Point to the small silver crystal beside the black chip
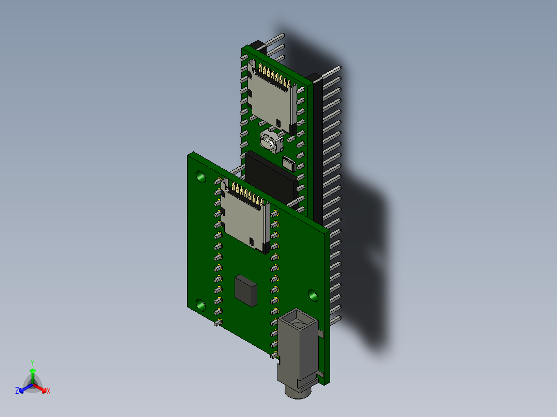pyautogui.click(x=288, y=165)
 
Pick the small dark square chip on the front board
pyautogui.click(x=245, y=291)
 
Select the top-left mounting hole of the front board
pyautogui.click(x=201, y=178)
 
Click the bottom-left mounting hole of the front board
pyautogui.click(x=200, y=306)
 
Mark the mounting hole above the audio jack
pyautogui.click(x=313, y=295)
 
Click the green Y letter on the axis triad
pyautogui.click(x=32, y=363)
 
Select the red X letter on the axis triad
pyautogui.click(x=49, y=391)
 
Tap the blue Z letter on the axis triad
pyautogui.click(x=17, y=391)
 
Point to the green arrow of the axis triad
pyautogui.click(x=32, y=374)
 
